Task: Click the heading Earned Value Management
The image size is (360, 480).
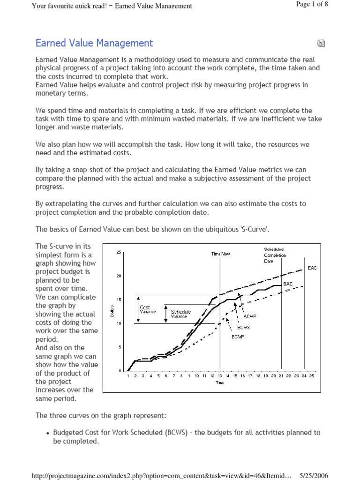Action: (x=94, y=44)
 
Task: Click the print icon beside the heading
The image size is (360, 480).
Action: (x=321, y=44)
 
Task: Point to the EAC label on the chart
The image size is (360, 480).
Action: (x=312, y=268)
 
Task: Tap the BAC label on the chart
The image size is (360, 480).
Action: (x=288, y=284)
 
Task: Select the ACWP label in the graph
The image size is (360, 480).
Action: (x=250, y=316)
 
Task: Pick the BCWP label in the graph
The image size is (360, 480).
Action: (x=238, y=337)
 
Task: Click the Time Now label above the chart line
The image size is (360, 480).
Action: (x=220, y=254)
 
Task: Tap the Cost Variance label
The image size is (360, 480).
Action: (x=148, y=309)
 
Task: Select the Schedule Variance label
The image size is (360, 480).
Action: (x=180, y=314)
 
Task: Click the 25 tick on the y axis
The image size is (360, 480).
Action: (x=119, y=253)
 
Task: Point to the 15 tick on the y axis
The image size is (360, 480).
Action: (x=119, y=300)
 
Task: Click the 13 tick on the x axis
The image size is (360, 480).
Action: (x=220, y=376)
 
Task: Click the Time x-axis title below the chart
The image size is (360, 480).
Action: (x=220, y=382)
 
